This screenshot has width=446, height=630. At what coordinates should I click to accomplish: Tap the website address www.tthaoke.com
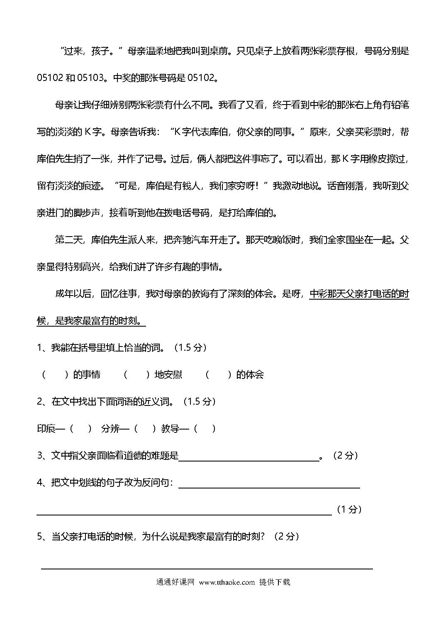(x=227, y=582)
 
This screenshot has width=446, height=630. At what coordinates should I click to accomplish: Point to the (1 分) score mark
(x=349, y=509)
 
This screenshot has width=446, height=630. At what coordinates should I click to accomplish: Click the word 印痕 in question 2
(x=46, y=428)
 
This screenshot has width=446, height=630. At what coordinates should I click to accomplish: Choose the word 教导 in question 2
(x=170, y=428)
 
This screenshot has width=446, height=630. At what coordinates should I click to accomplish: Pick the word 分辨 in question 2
(x=110, y=428)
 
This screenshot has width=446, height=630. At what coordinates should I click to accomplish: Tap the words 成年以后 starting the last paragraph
(x=73, y=294)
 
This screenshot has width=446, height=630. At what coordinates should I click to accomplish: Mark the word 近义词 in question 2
(x=156, y=401)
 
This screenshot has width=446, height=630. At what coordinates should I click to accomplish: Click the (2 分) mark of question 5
(x=287, y=536)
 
